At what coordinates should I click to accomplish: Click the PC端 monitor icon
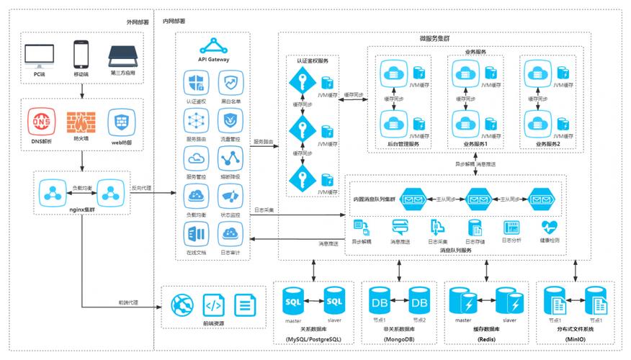pos(38,54)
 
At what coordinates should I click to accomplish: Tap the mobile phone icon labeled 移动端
pos(81,53)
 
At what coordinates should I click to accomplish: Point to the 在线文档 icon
pos(196,233)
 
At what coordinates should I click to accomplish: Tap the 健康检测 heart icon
pos(549,227)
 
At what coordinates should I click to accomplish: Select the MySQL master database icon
pos(293,300)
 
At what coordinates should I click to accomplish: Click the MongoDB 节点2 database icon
pos(419,300)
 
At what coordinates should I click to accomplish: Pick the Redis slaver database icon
pos(509,300)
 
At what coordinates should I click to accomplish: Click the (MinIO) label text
pos(576,339)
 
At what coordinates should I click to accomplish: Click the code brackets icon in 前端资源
pos(212,305)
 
